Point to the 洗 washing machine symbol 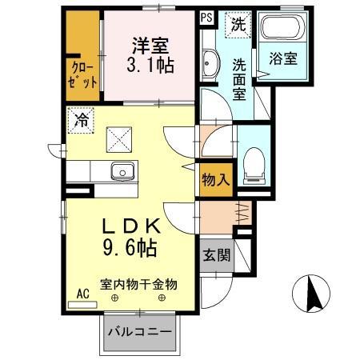pyautogui.click(x=238, y=24)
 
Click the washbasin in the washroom pyautogui.click(x=210, y=62)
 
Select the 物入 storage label pyautogui.click(x=215, y=179)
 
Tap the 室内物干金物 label pyautogui.click(x=138, y=283)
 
